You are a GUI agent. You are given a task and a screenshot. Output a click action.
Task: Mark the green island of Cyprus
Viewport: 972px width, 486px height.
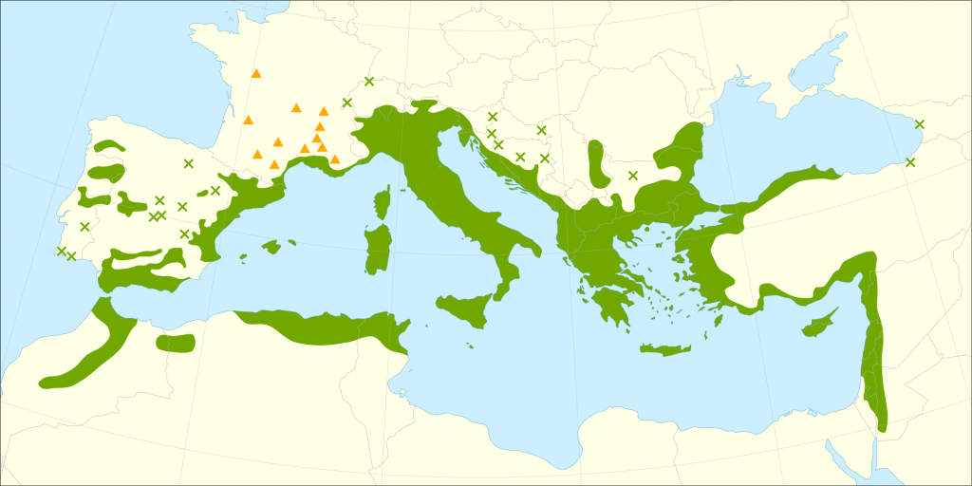pos(817,326)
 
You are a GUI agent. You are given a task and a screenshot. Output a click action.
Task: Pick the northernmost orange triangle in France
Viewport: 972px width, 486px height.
pos(256,73)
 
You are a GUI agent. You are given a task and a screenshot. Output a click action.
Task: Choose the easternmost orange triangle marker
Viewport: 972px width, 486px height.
pos(335,159)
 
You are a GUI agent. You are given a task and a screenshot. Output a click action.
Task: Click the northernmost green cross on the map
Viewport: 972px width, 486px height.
pos(369,81)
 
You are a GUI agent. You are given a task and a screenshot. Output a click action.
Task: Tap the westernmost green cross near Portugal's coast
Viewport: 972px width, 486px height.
pos(62,251)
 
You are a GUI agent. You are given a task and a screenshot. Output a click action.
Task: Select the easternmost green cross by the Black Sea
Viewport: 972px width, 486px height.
pos(919,124)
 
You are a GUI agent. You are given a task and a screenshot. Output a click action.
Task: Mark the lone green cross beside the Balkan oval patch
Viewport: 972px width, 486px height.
pos(633,175)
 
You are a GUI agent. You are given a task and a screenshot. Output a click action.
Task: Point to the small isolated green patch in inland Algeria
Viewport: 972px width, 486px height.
pos(175,343)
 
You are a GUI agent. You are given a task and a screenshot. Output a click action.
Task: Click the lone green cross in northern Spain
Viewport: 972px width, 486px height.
pos(189,163)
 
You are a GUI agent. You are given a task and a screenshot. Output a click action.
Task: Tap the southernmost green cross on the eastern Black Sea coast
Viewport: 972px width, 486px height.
pos(910,162)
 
